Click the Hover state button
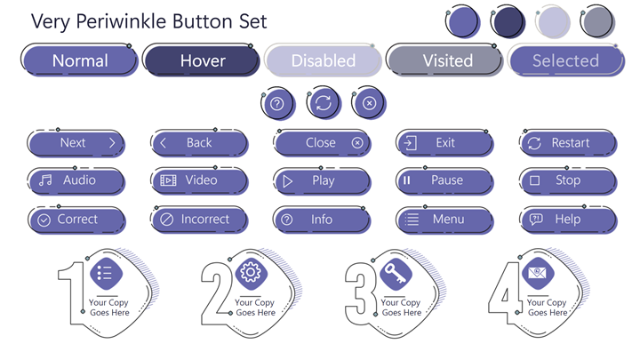pyautogui.click(x=202, y=60)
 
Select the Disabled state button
pyautogui.click(x=324, y=60)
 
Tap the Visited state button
pyautogui.click(x=445, y=60)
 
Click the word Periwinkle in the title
pyautogui.click(x=122, y=21)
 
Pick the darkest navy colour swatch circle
pyautogui.click(x=508, y=21)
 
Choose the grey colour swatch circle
pyautogui.click(x=596, y=21)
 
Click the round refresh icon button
pyautogui.click(x=324, y=103)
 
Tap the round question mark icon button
pyautogui.click(x=278, y=103)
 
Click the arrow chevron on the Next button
pyautogui.click(x=112, y=143)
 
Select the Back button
pyautogui.click(x=200, y=143)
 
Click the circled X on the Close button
pyautogui.click(x=357, y=143)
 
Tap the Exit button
pyautogui.click(x=444, y=143)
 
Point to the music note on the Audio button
pyautogui.click(x=45, y=180)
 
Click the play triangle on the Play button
pyautogui.click(x=288, y=180)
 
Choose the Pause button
pyautogui.click(x=444, y=180)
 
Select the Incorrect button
pyautogui.click(x=200, y=220)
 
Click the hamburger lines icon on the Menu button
pyautogui.click(x=412, y=220)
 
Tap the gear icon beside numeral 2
pyautogui.click(x=251, y=272)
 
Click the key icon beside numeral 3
pyautogui.click(x=396, y=273)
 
